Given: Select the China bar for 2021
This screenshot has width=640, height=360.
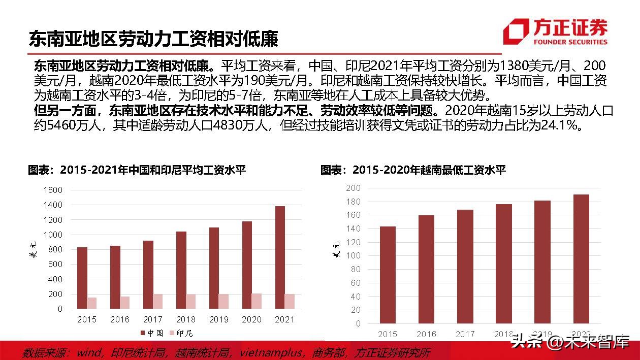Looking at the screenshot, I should click(280, 257).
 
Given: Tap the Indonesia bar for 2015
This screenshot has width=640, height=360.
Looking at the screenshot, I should click(91, 303).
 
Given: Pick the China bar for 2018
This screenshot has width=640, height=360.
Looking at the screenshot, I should click(181, 270).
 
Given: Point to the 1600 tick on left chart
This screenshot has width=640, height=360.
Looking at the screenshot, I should click(53, 190).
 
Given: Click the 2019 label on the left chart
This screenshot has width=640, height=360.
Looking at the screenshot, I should click(218, 319).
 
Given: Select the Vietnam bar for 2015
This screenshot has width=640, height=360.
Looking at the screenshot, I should click(388, 275).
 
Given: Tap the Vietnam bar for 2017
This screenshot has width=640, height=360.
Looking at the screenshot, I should click(465, 266).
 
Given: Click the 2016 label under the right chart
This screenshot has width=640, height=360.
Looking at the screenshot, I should click(426, 334).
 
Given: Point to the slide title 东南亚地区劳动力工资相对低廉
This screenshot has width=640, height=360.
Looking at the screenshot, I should click(153, 39).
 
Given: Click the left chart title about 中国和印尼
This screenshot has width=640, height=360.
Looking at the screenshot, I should click(137, 170).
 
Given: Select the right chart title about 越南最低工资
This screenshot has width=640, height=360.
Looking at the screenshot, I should click(413, 170).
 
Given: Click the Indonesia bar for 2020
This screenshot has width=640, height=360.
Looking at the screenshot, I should click(257, 301).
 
